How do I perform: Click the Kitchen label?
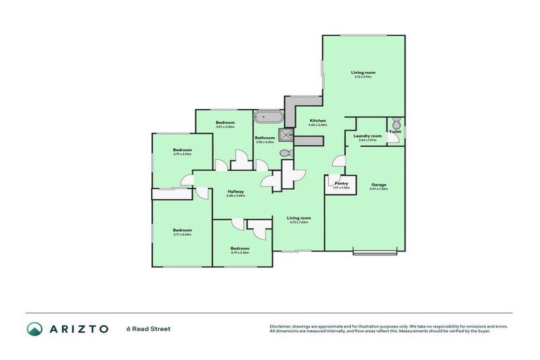318,121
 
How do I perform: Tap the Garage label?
378,184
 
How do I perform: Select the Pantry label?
342,183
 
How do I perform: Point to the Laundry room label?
368,136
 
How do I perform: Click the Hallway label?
236,191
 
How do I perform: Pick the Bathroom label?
264,137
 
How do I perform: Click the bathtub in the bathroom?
268,117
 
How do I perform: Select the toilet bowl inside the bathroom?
283,153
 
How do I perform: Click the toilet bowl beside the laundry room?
395,122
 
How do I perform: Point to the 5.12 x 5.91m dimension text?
363,77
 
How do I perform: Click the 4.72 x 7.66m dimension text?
299,222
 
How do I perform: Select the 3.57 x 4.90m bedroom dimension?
225,127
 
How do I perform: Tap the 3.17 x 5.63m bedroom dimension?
182,234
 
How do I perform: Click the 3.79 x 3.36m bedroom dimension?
240,252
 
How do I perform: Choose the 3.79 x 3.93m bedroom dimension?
182,154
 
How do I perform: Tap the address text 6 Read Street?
148,328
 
